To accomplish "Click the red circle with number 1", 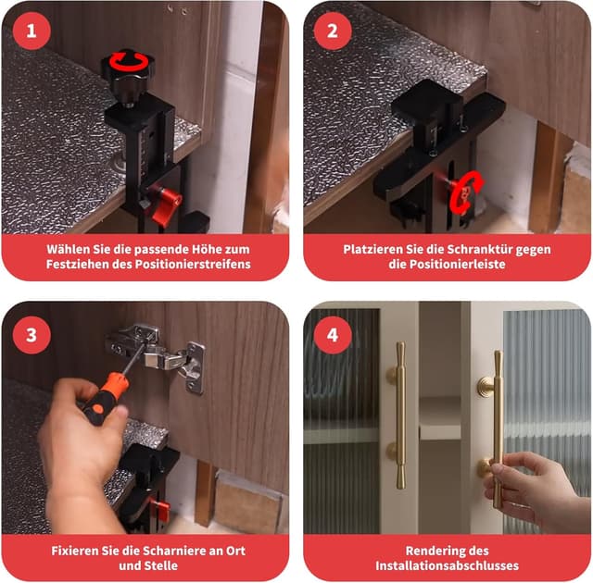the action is pyautogui.click(x=32, y=31).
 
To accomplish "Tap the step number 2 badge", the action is pyautogui.click(x=333, y=31).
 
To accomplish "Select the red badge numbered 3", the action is pyautogui.click(x=32, y=335).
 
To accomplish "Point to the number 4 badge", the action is pyautogui.click(x=333, y=335).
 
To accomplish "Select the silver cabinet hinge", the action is pyautogui.click(x=158, y=355).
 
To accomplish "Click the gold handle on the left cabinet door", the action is pyautogui.click(x=399, y=416).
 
